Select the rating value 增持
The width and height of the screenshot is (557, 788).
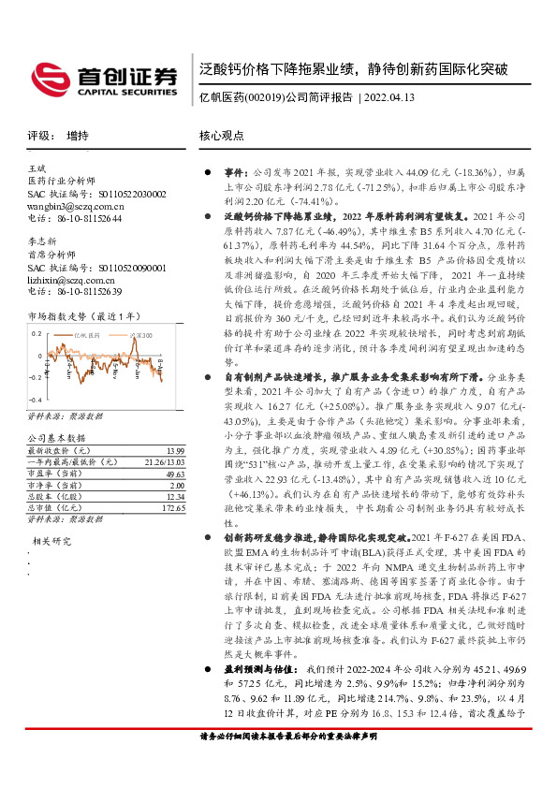click(79, 136)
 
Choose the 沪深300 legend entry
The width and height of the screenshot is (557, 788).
click(140, 334)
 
